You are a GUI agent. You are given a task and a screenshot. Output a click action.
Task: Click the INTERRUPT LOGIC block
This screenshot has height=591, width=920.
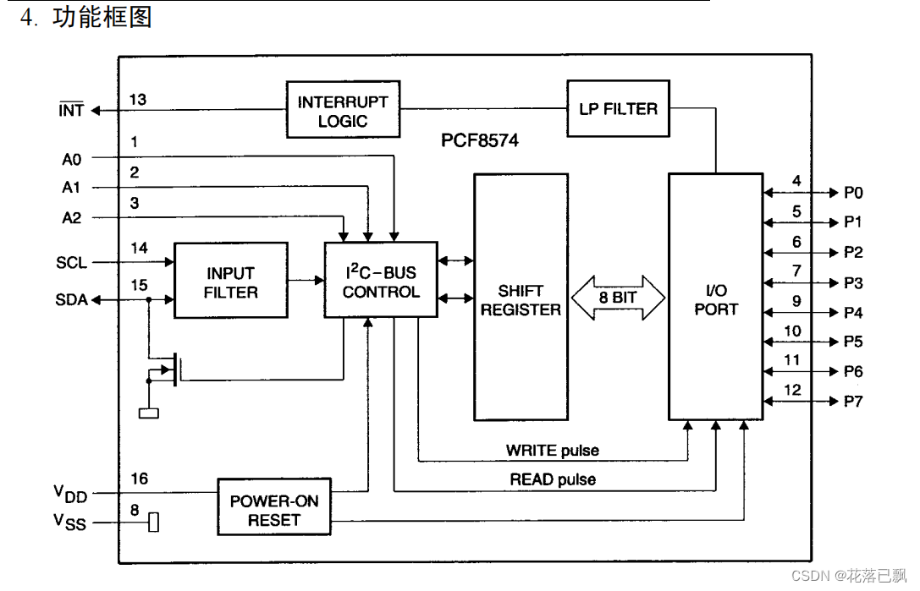pos(344,110)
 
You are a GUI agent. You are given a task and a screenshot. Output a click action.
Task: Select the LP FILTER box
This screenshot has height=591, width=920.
pos(619,108)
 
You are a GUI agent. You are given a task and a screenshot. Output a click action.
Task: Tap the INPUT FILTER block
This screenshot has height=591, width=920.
pos(231,280)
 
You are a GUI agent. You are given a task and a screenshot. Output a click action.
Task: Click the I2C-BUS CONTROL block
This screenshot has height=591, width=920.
pos(381,280)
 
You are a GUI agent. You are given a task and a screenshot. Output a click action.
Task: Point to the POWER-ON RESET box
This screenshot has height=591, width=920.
pos(274,507)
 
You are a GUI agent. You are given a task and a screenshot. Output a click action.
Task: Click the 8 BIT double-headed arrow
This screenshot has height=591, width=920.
pos(618,298)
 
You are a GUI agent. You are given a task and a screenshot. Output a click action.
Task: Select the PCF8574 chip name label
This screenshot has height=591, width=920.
pos(480,140)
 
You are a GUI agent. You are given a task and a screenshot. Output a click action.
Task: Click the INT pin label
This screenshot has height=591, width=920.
pos(71,110)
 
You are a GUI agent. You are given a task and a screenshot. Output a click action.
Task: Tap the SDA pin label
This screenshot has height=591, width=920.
pos(71,299)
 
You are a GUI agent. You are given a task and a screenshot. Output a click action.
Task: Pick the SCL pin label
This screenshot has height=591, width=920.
pos(71,263)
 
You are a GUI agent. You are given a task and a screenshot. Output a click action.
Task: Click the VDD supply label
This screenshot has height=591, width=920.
pos(70,494)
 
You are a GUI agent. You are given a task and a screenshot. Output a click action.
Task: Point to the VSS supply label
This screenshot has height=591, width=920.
pos(69,522)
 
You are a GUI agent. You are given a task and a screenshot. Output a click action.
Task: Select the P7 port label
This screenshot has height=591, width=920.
pos(853,402)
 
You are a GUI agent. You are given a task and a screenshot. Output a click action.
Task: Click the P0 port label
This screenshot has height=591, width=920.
pos(853,193)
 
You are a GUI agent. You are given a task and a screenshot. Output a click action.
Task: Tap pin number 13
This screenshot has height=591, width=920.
pos(138,100)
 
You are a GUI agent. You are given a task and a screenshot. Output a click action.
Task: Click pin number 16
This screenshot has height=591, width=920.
pos(139,479)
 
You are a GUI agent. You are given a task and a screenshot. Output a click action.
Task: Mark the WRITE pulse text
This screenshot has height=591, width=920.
pos(553,451)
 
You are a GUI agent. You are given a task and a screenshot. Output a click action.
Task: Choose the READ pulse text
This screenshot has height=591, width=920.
pos(553,479)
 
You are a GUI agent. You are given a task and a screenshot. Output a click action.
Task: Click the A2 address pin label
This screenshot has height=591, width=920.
pos(72,218)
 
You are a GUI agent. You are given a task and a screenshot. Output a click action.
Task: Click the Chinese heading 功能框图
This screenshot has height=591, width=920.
pos(102,17)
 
